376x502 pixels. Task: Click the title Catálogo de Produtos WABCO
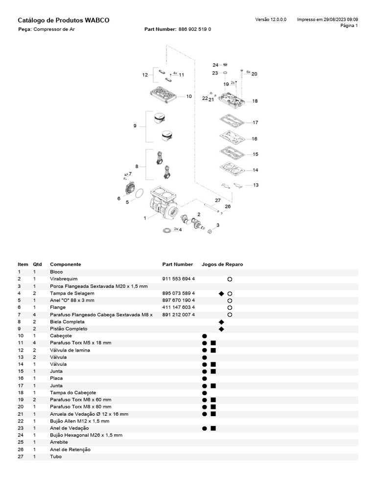pyautogui.click(x=63, y=20)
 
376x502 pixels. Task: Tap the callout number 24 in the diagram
pyautogui.click(x=215, y=65)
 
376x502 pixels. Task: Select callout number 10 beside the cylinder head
pyautogui.click(x=189, y=97)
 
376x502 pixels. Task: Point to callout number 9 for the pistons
pyautogui.click(x=135, y=126)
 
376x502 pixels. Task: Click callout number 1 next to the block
pyautogui.click(x=145, y=218)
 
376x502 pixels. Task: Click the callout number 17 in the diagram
pyautogui.click(x=255, y=123)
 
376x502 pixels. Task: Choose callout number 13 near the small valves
pyautogui.click(x=256, y=185)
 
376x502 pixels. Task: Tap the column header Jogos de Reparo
pyautogui.click(x=226, y=264)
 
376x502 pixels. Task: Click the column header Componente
pyautogui.click(x=66, y=264)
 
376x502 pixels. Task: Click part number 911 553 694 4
pyautogui.click(x=179, y=278)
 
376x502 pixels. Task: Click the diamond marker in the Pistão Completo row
pyautogui.click(x=221, y=329)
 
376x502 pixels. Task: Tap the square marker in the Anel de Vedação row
pyautogui.click(x=213, y=428)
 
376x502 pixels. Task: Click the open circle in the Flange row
pyautogui.click(x=230, y=307)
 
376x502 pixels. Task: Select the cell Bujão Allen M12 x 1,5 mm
pyautogui.click(x=79, y=421)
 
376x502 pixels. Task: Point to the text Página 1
pyautogui.click(x=349, y=25)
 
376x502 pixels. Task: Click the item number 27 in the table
pyautogui.click(x=20, y=457)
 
